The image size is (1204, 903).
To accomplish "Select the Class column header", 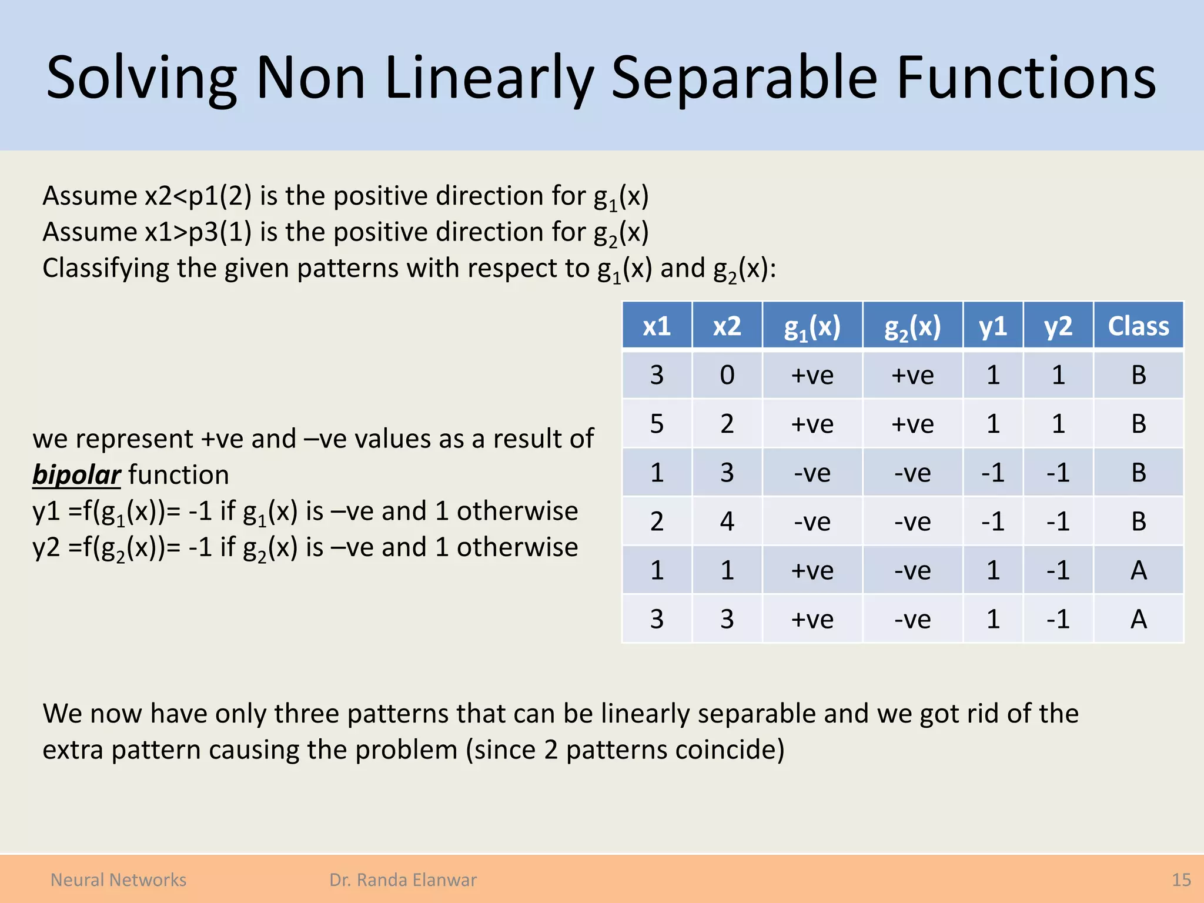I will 1138,326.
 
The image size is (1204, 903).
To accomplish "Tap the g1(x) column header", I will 812,326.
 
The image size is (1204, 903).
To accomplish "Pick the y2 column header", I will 1058,326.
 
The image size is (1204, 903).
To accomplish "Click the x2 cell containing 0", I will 727,374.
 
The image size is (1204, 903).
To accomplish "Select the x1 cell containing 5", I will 657,423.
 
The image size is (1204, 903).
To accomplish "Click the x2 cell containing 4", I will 727,521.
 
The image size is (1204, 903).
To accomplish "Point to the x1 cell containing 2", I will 657,521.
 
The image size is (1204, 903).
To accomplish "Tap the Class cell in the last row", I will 1138,618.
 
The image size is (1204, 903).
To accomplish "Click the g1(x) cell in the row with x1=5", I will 812,423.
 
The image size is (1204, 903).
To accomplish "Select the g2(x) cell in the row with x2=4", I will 912,521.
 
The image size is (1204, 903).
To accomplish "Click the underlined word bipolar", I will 76,474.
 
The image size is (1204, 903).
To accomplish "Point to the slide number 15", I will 1181,879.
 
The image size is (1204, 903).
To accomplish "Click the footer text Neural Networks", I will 118,879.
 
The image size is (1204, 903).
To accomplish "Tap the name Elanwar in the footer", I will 444,879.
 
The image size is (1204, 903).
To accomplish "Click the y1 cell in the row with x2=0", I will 992,374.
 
